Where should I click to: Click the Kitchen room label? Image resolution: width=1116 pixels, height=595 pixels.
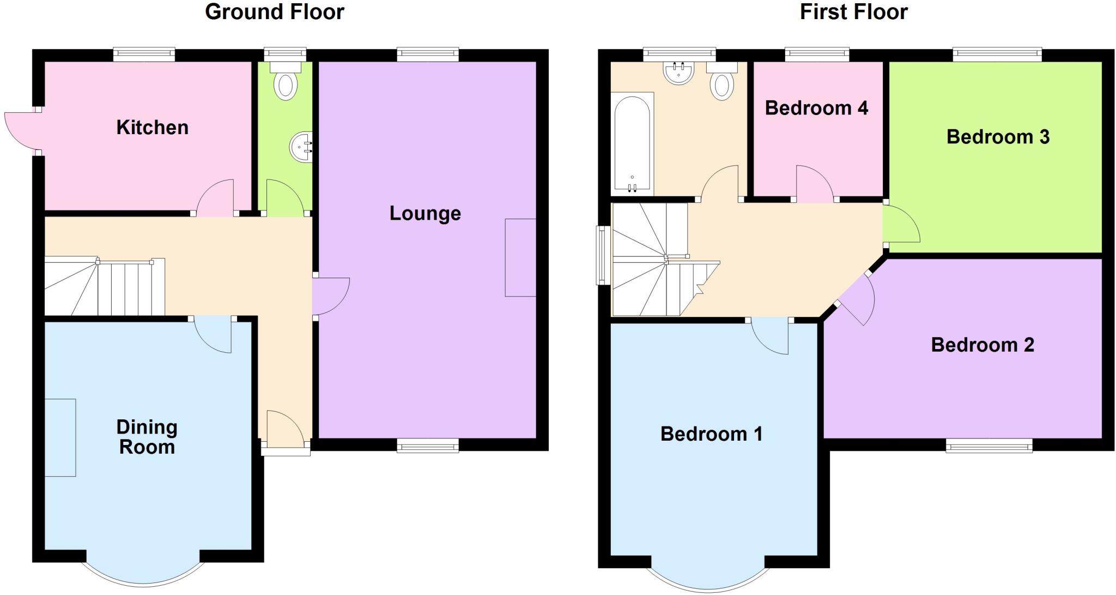pos(153,128)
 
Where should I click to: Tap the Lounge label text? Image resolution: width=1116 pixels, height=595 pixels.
pos(425,213)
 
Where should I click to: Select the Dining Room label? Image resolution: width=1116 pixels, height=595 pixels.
pos(147,437)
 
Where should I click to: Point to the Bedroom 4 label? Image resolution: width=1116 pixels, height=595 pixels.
pos(816,108)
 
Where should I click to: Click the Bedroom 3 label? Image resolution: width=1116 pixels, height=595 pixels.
pos(998,137)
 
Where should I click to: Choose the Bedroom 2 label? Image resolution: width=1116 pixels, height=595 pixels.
pos(982,345)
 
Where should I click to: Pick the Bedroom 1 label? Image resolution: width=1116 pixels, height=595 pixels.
pos(711,434)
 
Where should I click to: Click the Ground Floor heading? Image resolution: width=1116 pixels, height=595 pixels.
pos(275,12)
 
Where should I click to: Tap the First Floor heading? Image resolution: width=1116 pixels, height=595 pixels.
pos(853,12)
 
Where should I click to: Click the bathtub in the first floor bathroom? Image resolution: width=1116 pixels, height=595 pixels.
pos(632,143)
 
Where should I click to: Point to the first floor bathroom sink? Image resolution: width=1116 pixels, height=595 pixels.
pos(678,73)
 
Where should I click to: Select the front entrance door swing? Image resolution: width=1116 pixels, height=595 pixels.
pos(285,428)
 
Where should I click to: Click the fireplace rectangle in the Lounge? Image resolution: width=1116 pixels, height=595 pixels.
pos(520,257)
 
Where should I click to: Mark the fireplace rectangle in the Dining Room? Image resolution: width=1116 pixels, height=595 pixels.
pos(60,437)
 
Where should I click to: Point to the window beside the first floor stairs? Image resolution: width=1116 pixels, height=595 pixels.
pos(602,255)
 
